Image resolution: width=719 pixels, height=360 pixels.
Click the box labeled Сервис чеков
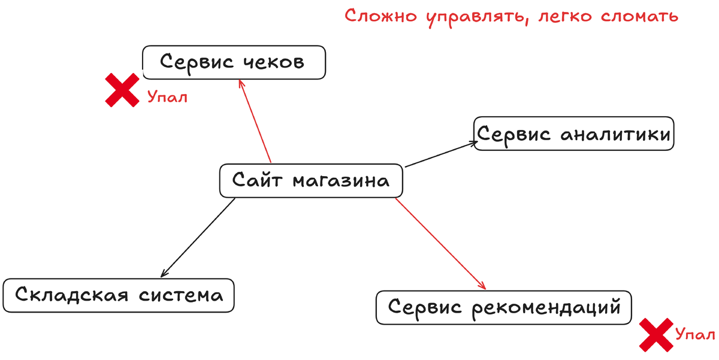pyautogui.click(x=234, y=62)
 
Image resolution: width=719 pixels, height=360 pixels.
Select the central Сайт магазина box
pyautogui.click(x=311, y=180)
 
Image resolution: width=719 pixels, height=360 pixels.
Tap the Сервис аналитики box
pyautogui.click(x=573, y=134)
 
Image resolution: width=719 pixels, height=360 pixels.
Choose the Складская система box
pyautogui.click(x=119, y=295)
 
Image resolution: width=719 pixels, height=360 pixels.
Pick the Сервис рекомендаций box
pyautogui.click(x=504, y=308)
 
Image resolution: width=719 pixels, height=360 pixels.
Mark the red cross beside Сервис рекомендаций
pyautogui.click(x=655, y=335)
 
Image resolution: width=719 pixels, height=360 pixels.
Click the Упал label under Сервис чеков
pyautogui.click(x=167, y=97)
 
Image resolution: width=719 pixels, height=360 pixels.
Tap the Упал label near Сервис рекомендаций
pyautogui.click(x=694, y=334)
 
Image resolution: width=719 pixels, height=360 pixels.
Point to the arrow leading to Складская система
pyautogui.click(x=198, y=237)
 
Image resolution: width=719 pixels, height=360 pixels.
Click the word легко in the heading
pyautogui.click(x=567, y=17)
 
